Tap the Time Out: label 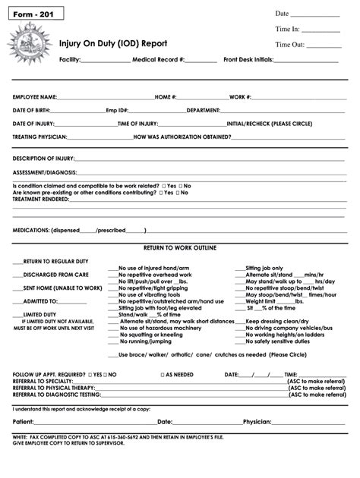click(x=289, y=45)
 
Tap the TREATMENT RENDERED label click(x=41, y=199)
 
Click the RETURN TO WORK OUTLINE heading click(x=180, y=248)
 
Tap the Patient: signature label click(x=24, y=422)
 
